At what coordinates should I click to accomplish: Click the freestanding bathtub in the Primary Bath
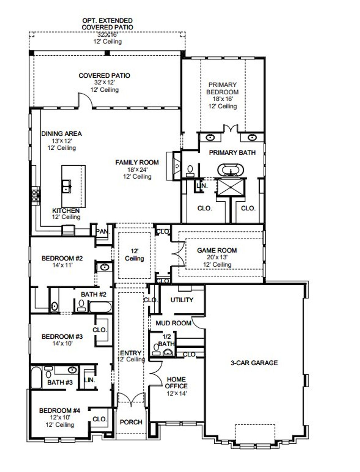(231, 170)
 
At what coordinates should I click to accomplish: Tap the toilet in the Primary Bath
(190, 170)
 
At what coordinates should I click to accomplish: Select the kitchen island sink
(66, 186)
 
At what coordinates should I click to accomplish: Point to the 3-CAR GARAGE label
(254, 363)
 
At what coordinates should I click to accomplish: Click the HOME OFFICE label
(176, 383)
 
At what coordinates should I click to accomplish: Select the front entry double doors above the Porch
(131, 399)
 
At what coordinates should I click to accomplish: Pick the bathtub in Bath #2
(100, 306)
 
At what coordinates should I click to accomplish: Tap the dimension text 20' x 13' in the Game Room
(217, 257)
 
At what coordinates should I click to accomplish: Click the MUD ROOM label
(173, 323)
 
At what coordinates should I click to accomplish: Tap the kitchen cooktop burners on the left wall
(36, 196)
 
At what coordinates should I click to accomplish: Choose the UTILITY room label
(182, 300)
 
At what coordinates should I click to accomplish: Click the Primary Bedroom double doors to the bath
(231, 129)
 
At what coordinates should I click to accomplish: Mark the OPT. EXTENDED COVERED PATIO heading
(107, 24)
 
